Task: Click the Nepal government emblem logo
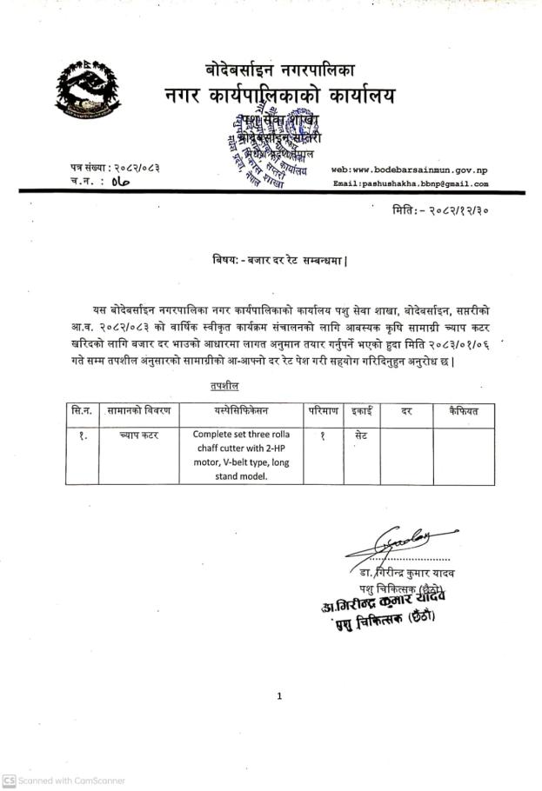click(x=88, y=90)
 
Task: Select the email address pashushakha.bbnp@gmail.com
click(x=411, y=184)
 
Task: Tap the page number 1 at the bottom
click(x=279, y=695)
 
